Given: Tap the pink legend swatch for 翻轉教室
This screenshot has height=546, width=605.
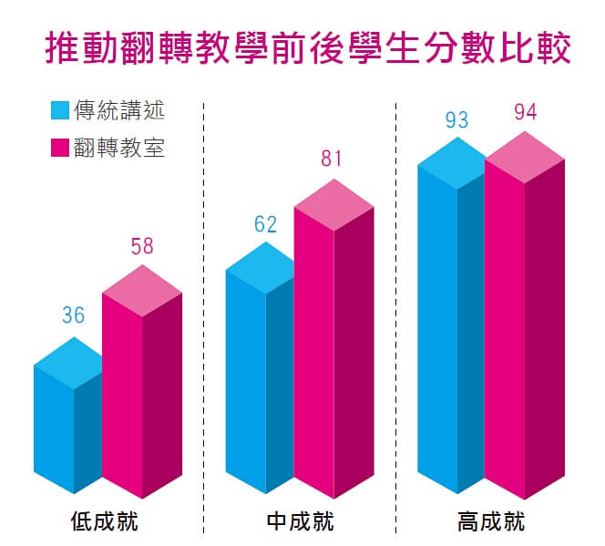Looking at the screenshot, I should (x=60, y=147).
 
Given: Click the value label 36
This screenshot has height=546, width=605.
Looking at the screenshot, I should (x=73, y=316).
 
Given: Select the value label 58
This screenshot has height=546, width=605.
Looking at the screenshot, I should (x=141, y=247).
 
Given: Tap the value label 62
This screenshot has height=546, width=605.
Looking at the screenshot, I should (x=265, y=224).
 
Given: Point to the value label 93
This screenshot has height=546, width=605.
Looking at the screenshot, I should (x=456, y=119).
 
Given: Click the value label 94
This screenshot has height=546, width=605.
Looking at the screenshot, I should (x=525, y=112).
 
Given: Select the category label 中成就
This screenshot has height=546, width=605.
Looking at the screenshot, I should (x=300, y=522).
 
